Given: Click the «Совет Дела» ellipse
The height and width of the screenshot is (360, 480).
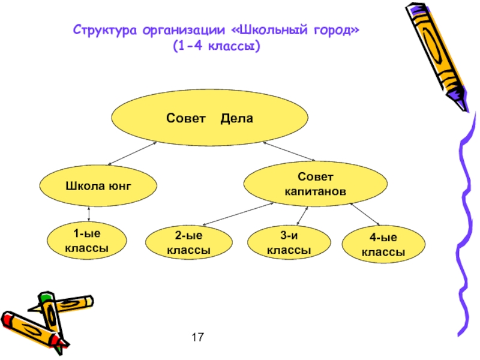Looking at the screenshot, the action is click(x=209, y=119).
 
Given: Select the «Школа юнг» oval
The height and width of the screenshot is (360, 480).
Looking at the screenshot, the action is click(x=98, y=186).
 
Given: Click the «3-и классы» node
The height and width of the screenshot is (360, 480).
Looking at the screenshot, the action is click(x=288, y=244).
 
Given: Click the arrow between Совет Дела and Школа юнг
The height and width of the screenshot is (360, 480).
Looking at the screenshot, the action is click(x=133, y=154).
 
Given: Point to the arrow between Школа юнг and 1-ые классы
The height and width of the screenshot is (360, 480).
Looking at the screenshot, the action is click(x=89, y=213).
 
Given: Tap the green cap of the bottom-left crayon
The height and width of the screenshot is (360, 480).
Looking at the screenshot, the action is click(x=46, y=297).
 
